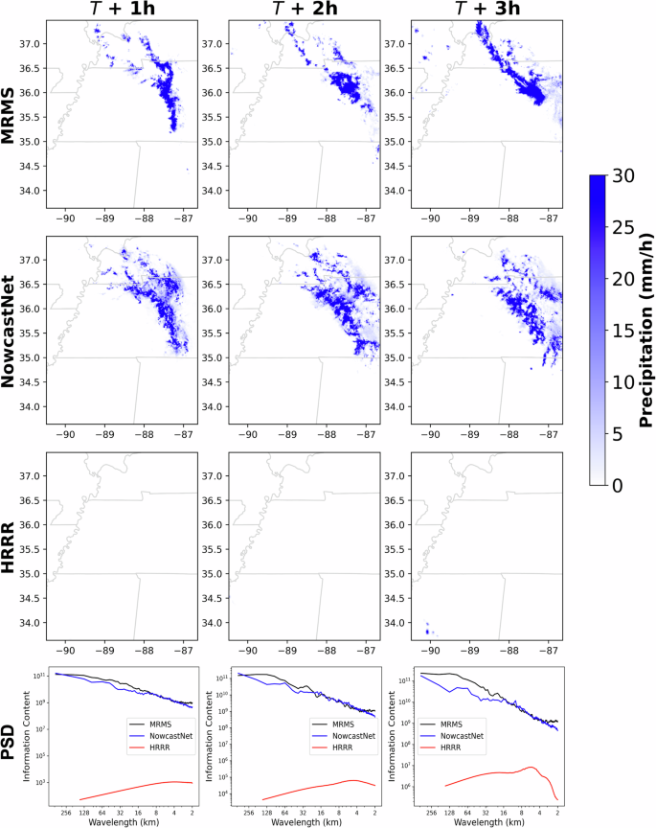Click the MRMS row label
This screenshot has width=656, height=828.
[12, 115]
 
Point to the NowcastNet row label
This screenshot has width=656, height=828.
[12, 330]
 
